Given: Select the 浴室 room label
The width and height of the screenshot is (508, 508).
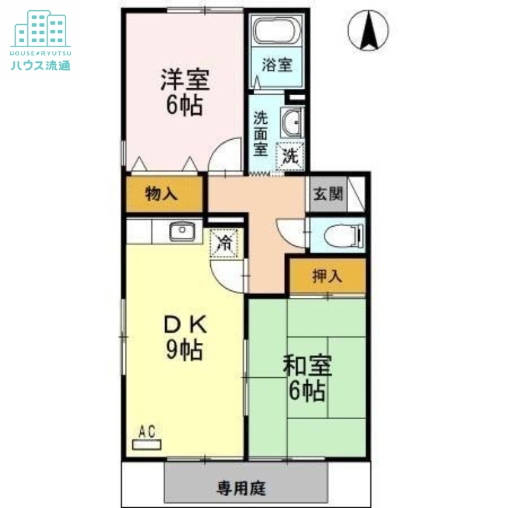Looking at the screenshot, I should click(277, 64).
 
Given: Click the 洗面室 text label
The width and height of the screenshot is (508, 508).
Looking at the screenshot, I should click(260, 133).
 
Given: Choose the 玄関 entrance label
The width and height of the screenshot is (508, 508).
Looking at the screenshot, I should click(328, 194).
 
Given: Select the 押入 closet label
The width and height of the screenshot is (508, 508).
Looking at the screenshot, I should click(328, 276).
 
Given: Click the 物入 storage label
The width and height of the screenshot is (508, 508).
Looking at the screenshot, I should click(161, 195).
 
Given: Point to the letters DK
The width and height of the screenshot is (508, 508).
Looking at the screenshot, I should click(185, 324).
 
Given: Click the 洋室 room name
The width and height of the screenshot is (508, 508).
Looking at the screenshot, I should click(184, 81).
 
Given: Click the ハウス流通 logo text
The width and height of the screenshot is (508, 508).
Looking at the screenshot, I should click(41, 64).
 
